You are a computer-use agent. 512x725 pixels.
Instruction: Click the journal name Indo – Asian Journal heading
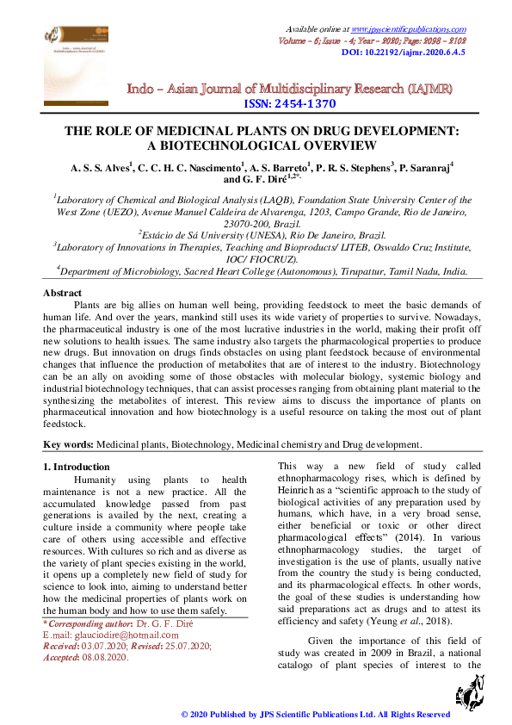point(289,89)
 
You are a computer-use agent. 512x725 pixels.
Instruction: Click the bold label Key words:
point(69,444)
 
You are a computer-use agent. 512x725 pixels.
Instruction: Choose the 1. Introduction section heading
point(77,467)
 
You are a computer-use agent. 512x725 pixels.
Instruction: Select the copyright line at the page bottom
point(315,715)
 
